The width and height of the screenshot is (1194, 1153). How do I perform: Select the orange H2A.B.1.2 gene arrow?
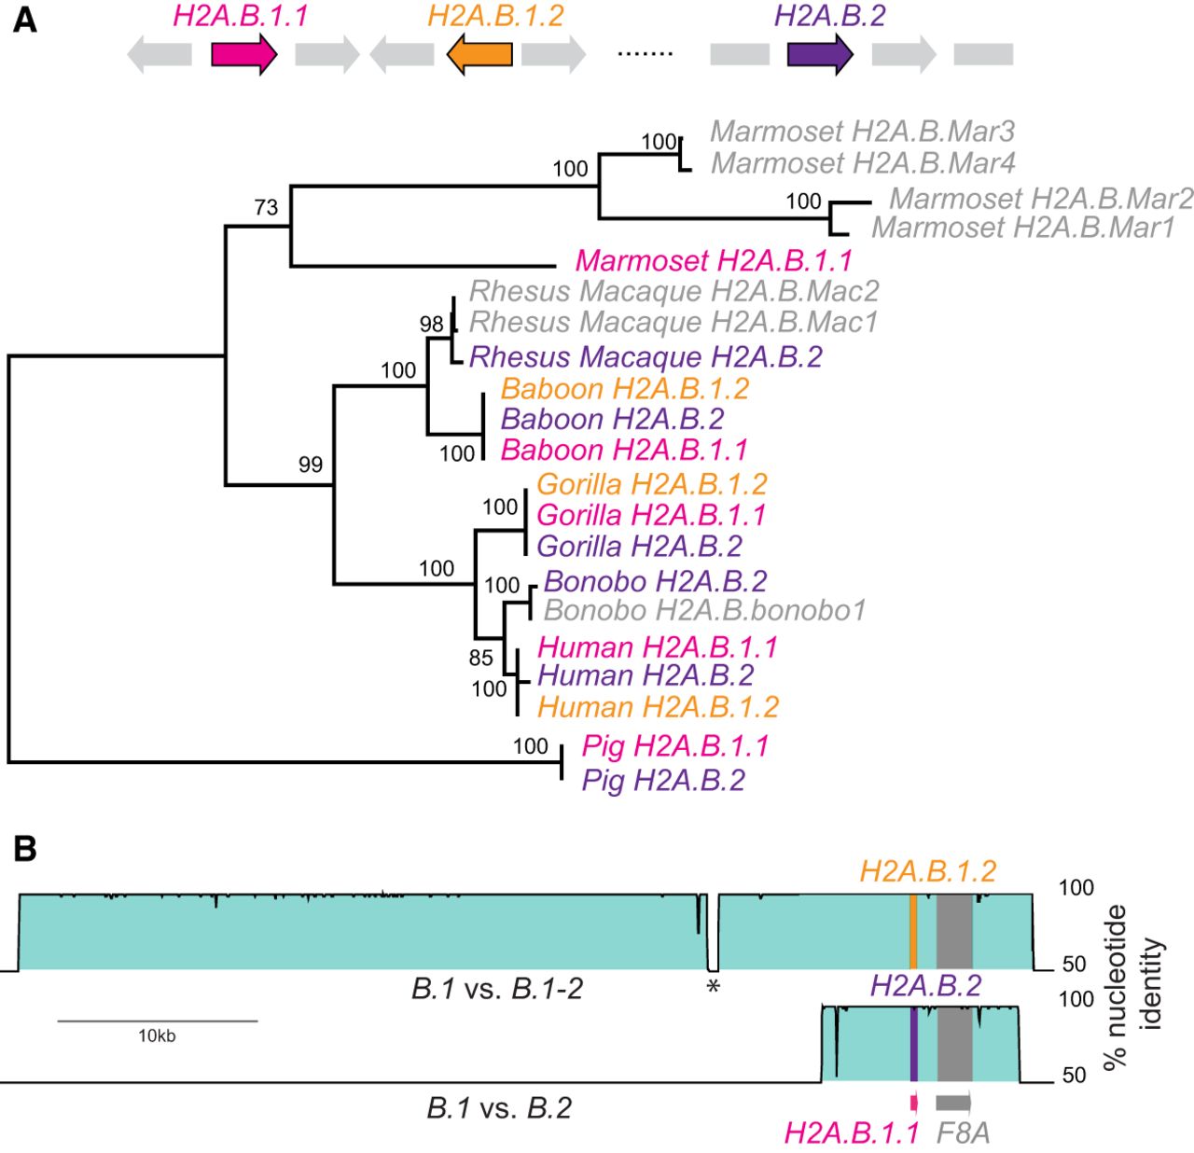pos(479,55)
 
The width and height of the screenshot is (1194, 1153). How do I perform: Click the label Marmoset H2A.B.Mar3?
pos(862,132)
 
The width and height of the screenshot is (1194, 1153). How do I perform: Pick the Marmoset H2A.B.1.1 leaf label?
pos(714,260)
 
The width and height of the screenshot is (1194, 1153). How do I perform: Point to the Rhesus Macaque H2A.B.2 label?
pos(646,357)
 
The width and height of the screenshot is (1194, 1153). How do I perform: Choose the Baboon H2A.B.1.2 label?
pos(624,389)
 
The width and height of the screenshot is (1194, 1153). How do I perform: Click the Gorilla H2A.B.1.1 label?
pos(651,515)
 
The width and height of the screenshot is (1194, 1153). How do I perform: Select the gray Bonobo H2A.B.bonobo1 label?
pos(704,611)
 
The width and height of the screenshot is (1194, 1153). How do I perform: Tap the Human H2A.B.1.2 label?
pos(658,707)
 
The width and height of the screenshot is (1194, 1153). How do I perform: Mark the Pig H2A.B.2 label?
pos(663,780)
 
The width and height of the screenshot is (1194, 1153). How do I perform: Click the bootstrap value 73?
pos(267,207)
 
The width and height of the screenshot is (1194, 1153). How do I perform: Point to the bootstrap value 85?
pos(480,659)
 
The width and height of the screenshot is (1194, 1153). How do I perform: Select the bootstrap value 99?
pos(311,465)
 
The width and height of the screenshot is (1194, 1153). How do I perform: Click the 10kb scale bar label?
pos(157,1035)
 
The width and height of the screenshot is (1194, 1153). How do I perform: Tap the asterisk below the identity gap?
pos(714,987)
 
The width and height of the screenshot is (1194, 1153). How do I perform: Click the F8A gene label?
pos(963,1132)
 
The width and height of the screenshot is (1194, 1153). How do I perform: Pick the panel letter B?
pos(25,849)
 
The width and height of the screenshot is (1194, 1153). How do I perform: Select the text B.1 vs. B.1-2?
pos(496,989)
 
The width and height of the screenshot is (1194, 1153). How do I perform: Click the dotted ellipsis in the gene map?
pos(645,54)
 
